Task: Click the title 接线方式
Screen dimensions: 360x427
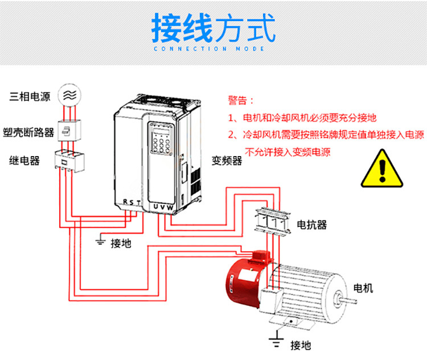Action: coord(213,28)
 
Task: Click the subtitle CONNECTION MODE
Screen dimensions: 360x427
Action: coord(213,50)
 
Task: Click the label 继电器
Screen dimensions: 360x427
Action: coord(24,161)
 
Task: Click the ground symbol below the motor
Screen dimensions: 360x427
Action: coord(277,341)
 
